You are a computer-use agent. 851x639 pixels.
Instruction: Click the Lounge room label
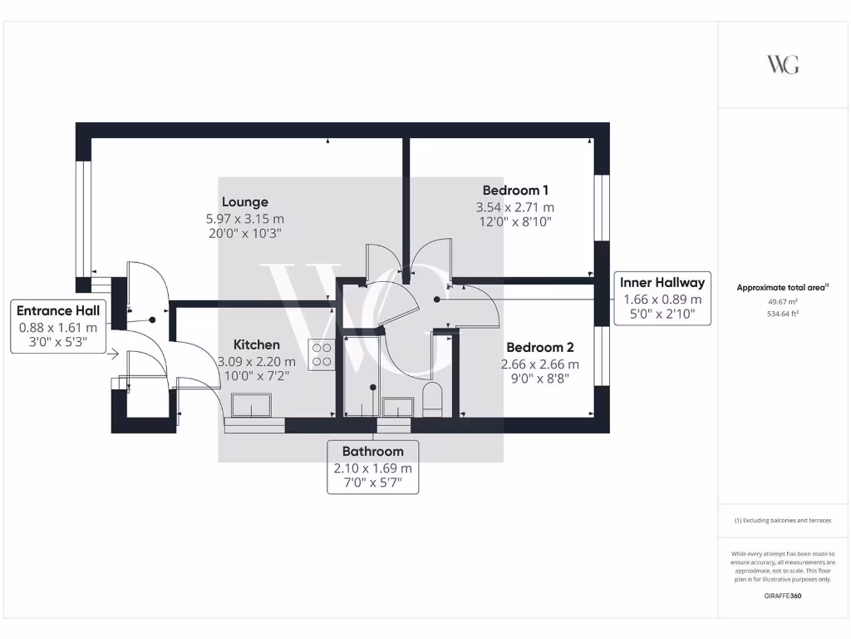[244, 201]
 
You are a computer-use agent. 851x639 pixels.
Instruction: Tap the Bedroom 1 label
[515, 191]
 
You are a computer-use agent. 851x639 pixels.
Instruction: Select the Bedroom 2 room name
[540, 347]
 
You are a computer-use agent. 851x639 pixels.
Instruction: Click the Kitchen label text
[256, 344]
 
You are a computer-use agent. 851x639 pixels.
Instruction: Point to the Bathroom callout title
[373, 451]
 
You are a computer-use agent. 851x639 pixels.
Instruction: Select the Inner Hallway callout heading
[662, 282]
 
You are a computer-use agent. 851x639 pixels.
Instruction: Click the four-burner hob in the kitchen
[322, 355]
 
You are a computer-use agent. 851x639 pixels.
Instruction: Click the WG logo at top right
[782, 65]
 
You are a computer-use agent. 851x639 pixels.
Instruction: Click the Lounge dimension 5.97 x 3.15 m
[244, 218]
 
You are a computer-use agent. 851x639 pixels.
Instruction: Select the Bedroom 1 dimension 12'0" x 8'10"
[515, 222]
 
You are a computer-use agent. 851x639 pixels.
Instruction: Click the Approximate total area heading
[782, 288]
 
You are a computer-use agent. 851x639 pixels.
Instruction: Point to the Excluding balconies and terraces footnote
[782, 520]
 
